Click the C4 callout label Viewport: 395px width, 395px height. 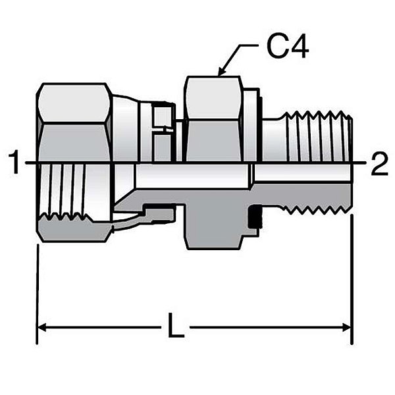coord(287,48)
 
